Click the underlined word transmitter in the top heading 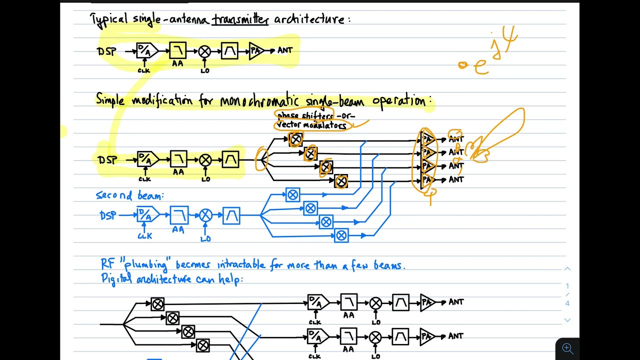coord(240,20)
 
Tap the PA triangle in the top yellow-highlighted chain coord(256,50)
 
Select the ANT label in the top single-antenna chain coord(284,50)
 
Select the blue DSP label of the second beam coord(107,215)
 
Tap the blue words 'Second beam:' coord(129,195)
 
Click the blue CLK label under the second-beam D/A coord(144,236)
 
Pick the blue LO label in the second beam coord(205,238)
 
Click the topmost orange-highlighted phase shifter coord(296,139)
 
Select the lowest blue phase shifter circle coord(341,235)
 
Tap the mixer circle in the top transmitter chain coord(204,51)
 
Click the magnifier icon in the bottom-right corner coord(567,348)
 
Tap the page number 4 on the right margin coord(567,303)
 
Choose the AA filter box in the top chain coord(177,50)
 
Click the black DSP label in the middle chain coord(107,160)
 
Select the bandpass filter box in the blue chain coord(231,215)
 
